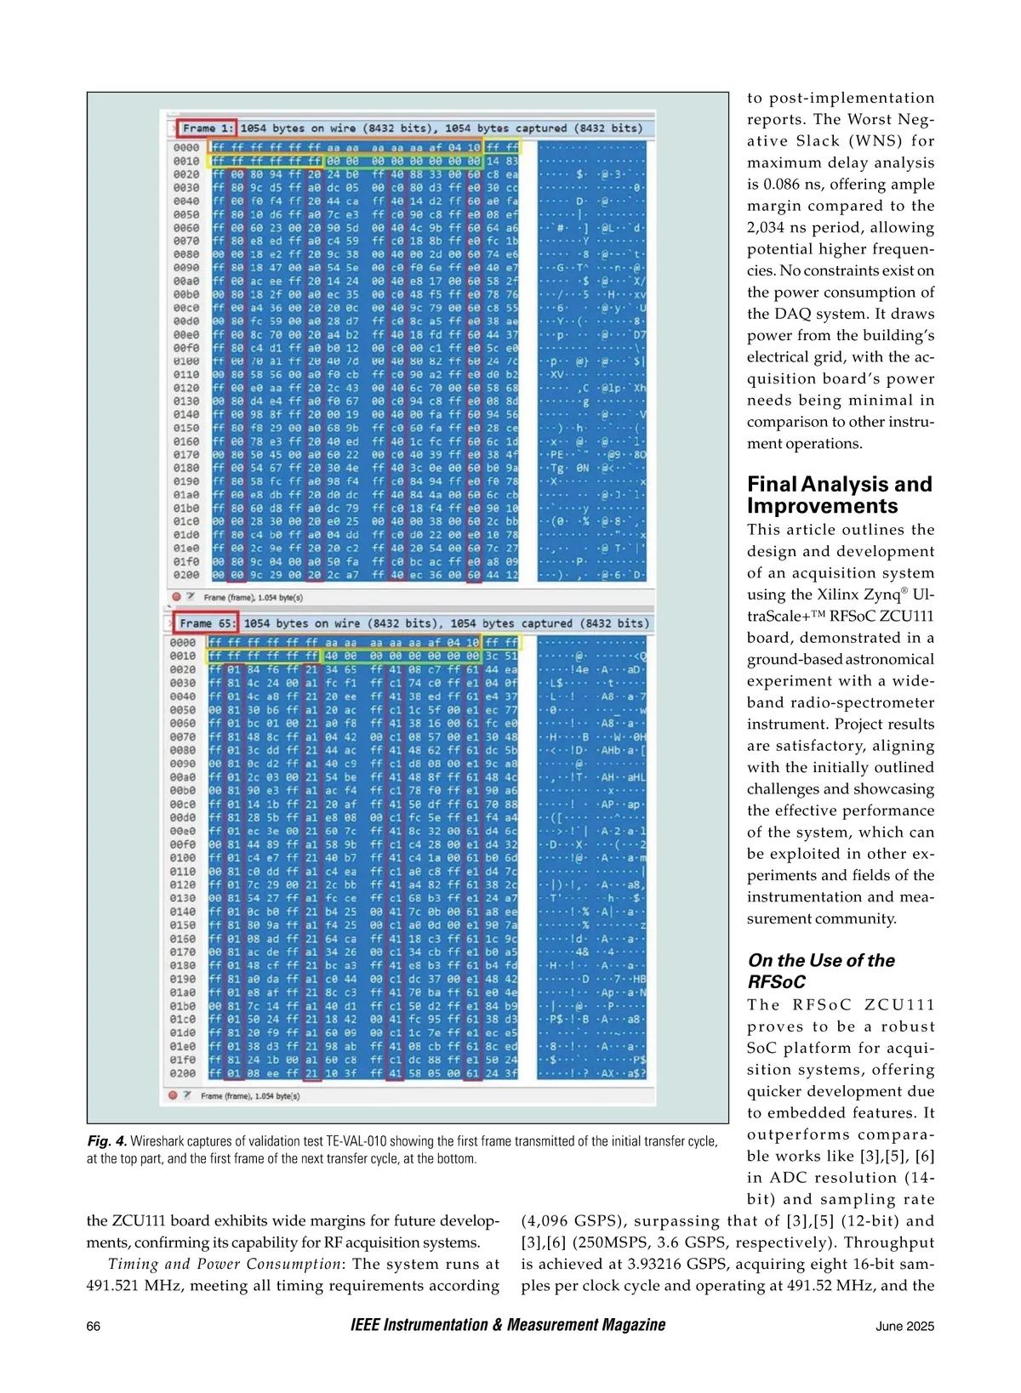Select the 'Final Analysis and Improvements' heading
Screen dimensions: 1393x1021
[839, 495]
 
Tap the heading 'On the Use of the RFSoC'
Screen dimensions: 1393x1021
[820, 970]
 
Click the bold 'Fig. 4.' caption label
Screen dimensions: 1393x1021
[107, 1141]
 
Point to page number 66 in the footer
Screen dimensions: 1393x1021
[94, 1327]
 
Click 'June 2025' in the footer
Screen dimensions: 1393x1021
[904, 1327]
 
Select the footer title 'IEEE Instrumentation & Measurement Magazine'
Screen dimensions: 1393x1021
[508, 1325]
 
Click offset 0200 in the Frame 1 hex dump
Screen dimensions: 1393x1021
[186, 576]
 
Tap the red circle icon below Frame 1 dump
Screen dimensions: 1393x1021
[177, 597]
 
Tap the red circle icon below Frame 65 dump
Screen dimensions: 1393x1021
[174, 1095]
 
